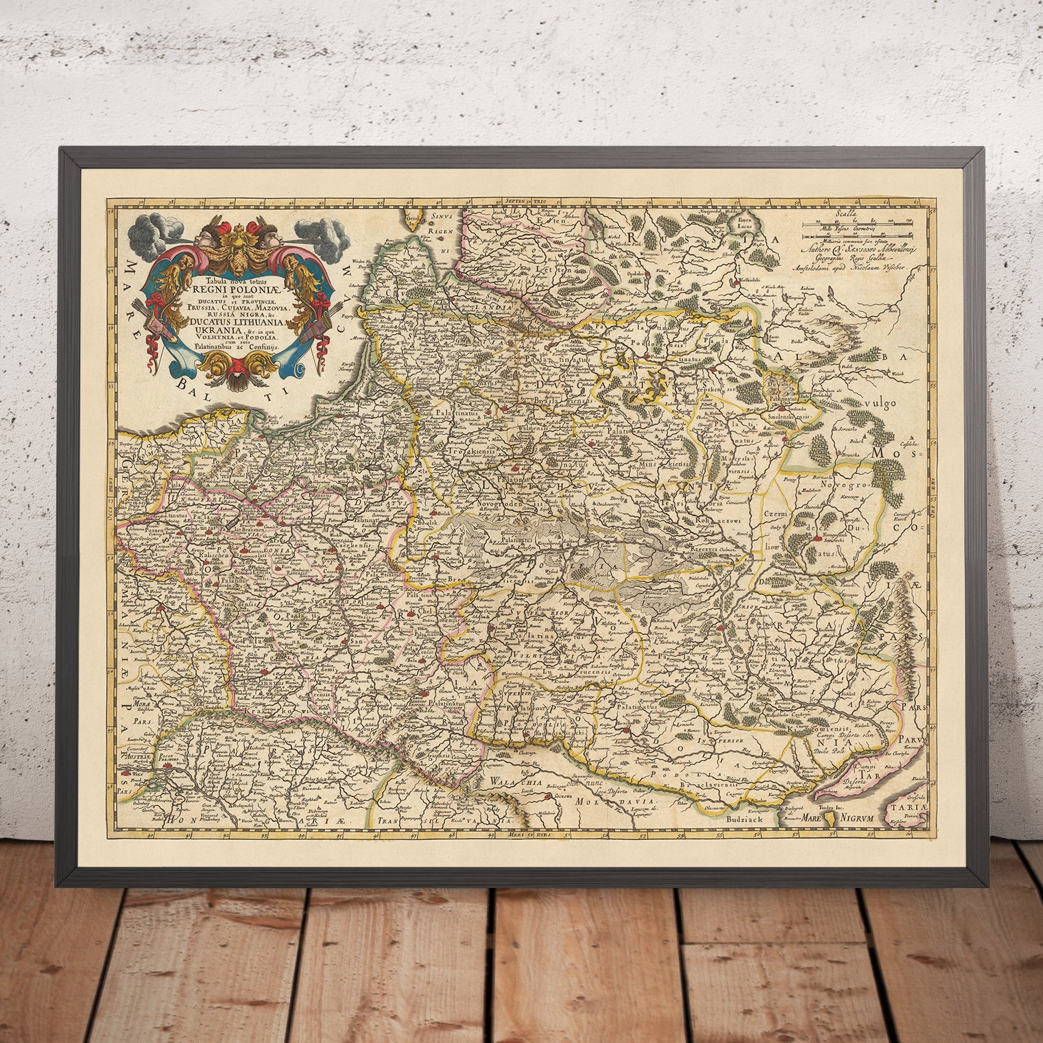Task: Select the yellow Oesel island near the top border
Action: tap(411, 221)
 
